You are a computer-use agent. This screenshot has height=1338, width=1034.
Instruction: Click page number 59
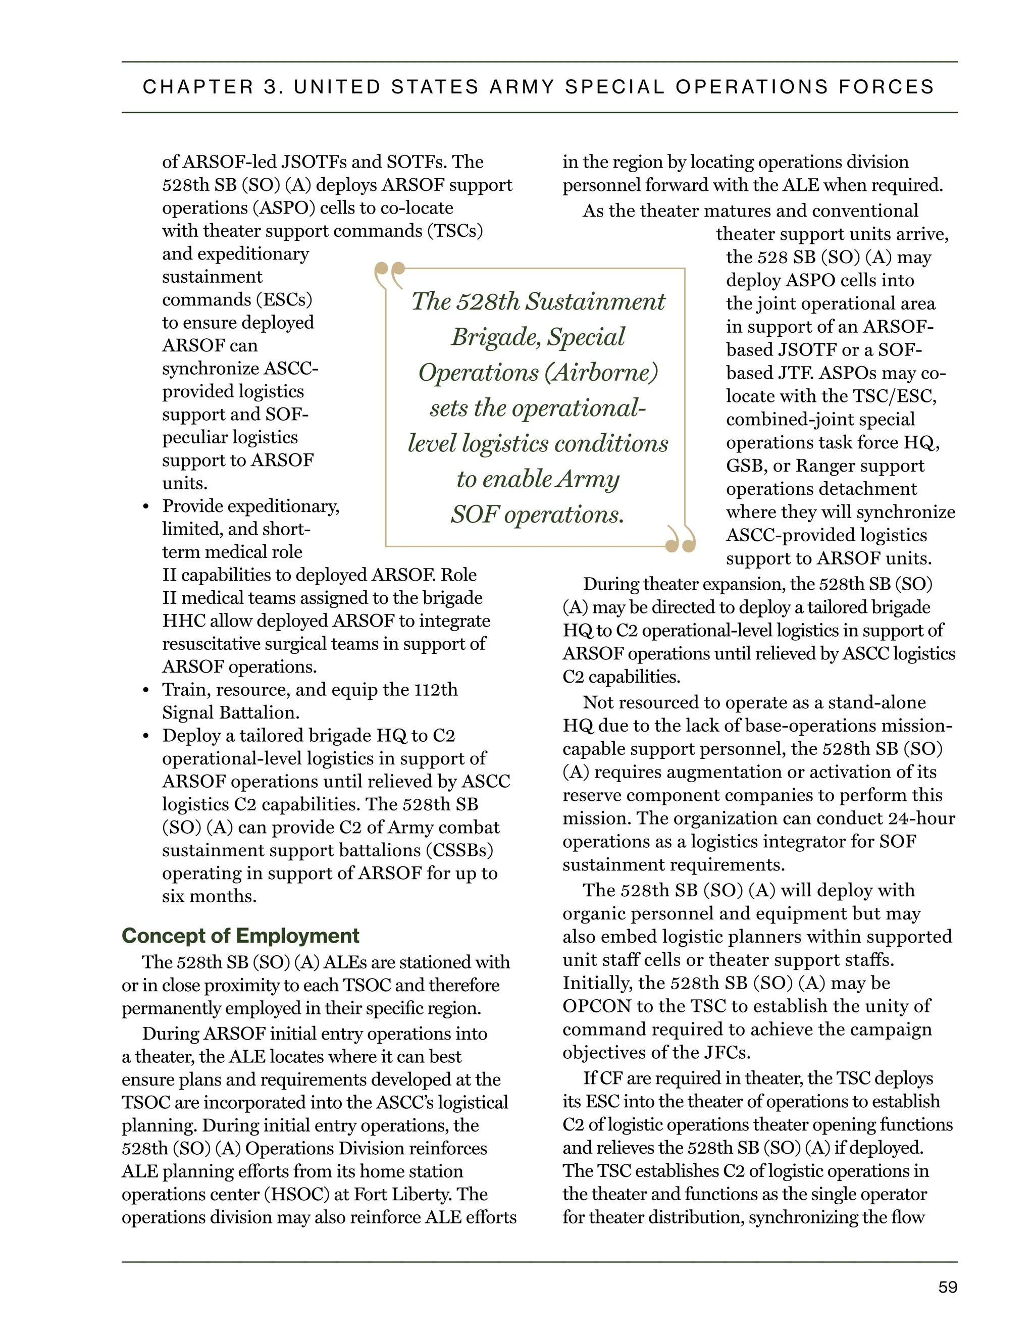(947, 1287)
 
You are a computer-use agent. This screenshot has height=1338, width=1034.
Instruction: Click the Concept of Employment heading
(240, 936)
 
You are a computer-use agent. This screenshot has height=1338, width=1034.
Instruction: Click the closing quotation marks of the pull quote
(681, 539)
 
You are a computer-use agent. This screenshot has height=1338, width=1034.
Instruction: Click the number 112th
(436, 690)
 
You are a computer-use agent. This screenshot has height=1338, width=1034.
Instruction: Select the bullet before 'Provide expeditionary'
(146, 507)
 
